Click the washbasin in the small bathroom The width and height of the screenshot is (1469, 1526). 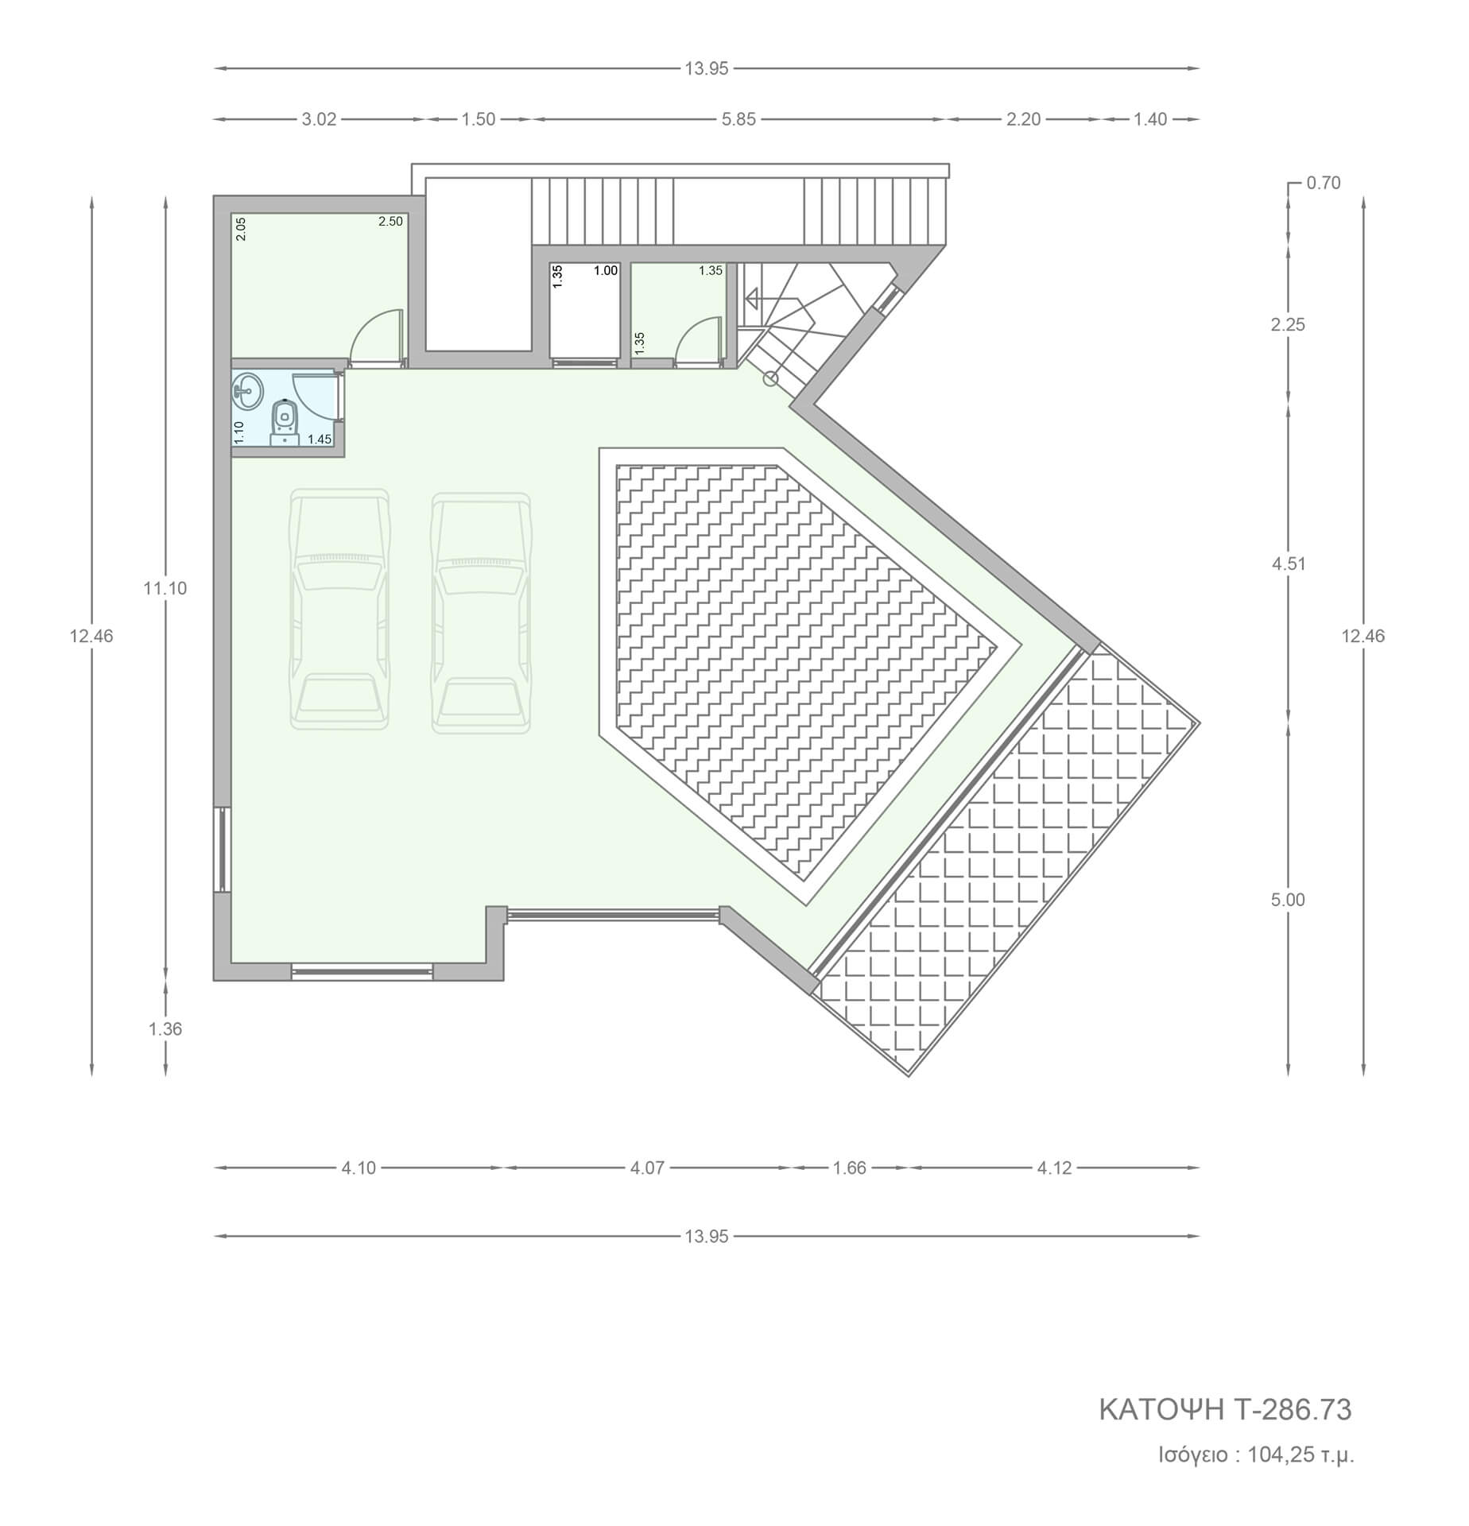point(248,391)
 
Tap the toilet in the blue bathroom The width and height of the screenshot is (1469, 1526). point(285,421)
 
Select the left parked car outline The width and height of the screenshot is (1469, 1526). point(340,610)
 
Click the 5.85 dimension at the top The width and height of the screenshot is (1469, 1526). point(738,119)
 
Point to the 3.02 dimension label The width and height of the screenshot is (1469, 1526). point(320,119)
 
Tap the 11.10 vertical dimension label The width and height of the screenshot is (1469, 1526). point(165,589)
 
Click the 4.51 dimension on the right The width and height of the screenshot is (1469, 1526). point(1289,564)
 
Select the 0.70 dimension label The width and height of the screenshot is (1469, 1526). point(1324,183)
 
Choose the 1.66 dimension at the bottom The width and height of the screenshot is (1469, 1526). point(849,1168)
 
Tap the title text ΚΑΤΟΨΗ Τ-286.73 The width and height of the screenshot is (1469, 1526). point(1225,1410)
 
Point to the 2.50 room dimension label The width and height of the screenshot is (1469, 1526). point(390,222)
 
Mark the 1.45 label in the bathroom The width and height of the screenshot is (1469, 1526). point(320,440)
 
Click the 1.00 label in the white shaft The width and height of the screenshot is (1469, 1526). point(606,271)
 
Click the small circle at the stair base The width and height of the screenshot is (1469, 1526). point(770,379)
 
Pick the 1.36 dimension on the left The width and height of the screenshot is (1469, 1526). point(165,1029)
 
